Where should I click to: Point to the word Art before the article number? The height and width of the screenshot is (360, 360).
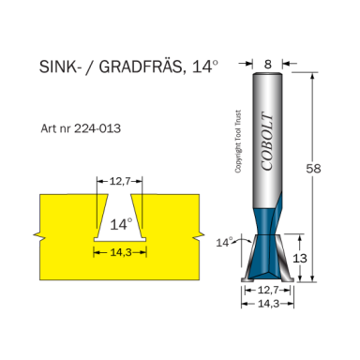click(x=49, y=127)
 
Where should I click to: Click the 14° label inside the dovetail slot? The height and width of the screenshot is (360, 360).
click(x=121, y=225)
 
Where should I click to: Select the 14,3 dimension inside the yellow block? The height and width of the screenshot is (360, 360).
click(x=120, y=252)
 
